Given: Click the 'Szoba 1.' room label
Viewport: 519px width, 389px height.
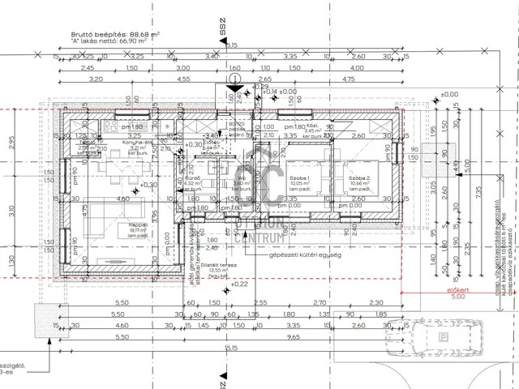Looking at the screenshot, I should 299,177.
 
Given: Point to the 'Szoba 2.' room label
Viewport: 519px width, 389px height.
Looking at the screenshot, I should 359,177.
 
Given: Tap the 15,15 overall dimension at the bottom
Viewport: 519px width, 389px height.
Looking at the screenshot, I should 232,348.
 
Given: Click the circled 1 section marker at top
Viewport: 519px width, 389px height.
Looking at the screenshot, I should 234,80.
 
